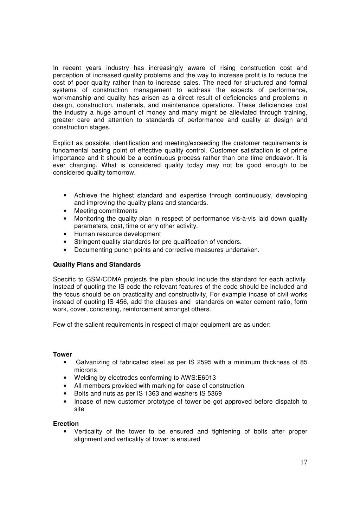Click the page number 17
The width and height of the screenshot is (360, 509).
click(304, 462)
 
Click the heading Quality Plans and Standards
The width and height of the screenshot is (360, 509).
click(97, 265)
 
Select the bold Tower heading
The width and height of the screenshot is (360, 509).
click(63, 354)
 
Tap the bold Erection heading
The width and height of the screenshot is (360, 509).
click(66, 424)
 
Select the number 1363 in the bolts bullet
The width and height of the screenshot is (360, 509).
click(147, 393)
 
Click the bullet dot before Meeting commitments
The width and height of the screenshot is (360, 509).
click(66, 211)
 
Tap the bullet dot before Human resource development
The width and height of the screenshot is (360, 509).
click(66, 234)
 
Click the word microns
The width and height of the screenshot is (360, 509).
click(85, 370)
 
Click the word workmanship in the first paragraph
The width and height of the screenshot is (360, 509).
click(71, 98)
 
